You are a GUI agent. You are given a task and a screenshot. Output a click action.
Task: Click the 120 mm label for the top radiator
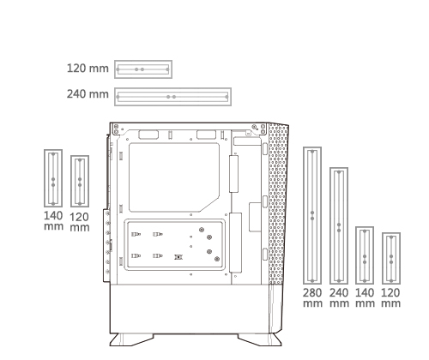[x=88, y=69]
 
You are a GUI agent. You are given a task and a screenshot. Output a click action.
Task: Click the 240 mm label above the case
[x=88, y=94]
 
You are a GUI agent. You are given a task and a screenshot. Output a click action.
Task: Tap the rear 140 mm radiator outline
[x=45, y=178]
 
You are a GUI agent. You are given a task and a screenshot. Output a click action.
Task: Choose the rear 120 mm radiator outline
[x=71, y=182]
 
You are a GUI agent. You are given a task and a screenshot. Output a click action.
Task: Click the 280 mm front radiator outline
[x=305, y=216]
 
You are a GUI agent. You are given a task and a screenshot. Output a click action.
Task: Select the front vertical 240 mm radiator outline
[x=331, y=226]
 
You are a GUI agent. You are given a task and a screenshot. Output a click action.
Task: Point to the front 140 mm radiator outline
[x=357, y=255]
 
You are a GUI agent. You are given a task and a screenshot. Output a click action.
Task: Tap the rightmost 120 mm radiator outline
[x=384, y=259]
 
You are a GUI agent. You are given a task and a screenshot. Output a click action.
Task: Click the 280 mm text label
[x=312, y=297]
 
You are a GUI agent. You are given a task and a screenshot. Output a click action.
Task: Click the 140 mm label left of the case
[x=53, y=220]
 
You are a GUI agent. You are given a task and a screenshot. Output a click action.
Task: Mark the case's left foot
[x=131, y=339]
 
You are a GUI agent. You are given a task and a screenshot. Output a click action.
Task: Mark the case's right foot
[x=260, y=339]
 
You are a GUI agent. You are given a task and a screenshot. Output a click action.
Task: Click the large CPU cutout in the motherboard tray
[x=174, y=177]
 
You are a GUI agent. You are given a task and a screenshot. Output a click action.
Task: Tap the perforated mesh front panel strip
[x=278, y=204]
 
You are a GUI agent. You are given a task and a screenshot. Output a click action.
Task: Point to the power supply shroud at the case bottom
[x=190, y=309]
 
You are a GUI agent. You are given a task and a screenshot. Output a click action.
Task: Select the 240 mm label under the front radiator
[x=339, y=297]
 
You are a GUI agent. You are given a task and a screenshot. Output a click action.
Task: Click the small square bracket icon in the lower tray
[x=178, y=257]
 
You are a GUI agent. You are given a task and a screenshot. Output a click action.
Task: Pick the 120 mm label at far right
[x=390, y=297]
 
